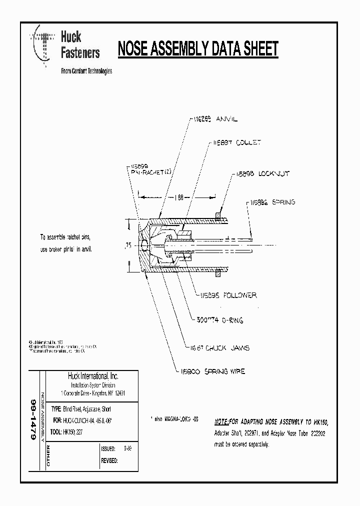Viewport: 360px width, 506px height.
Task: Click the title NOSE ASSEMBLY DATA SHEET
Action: [x=197, y=49]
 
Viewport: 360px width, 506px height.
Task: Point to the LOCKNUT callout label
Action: [x=260, y=174]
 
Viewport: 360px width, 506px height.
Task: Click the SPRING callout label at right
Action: [x=272, y=202]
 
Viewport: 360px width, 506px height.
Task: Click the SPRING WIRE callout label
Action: [x=210, y=371]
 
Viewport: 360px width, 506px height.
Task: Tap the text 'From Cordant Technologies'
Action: [x=86, y=71]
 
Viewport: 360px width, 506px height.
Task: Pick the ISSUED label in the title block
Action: [x=108, y=449]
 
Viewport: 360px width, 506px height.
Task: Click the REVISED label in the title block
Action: [x=109, y=460]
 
